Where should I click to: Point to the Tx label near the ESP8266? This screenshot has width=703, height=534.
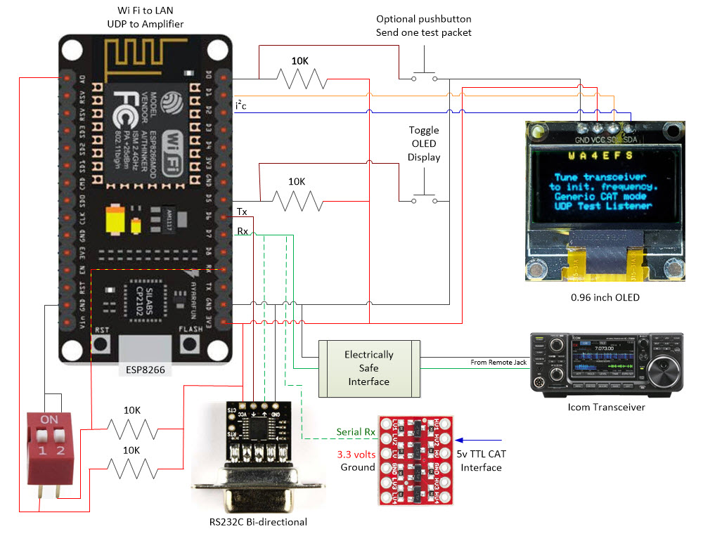click(x=242, y=211)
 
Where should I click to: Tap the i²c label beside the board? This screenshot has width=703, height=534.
click(x=241, y=105)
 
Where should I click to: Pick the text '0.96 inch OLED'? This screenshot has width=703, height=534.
click(x=605, y=297)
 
